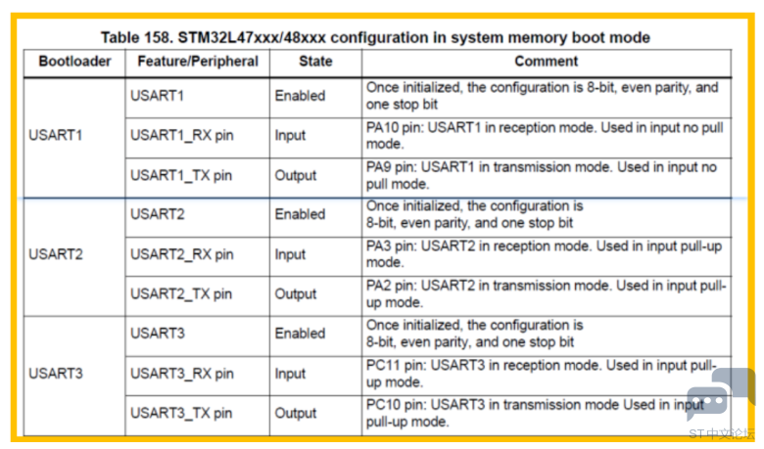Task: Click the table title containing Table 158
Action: (375, 37)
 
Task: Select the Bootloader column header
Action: (75, 62)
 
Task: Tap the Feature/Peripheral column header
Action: (198, 62)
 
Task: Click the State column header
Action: (315, 62)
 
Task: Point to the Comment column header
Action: (547, 62)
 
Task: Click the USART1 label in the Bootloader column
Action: (56, 135)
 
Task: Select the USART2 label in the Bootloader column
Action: (56, 254)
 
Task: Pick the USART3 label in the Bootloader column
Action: (56, 373)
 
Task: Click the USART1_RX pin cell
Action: (182, 135)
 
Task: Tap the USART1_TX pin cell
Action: (181, 175)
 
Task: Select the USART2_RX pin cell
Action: (182, 254)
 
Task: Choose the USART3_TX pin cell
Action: (181, 413)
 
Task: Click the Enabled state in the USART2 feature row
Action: (300, 214)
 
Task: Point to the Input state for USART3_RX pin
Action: (290, 374)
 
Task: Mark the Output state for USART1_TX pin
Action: (295, 175)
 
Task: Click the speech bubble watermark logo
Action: (720, 393)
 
